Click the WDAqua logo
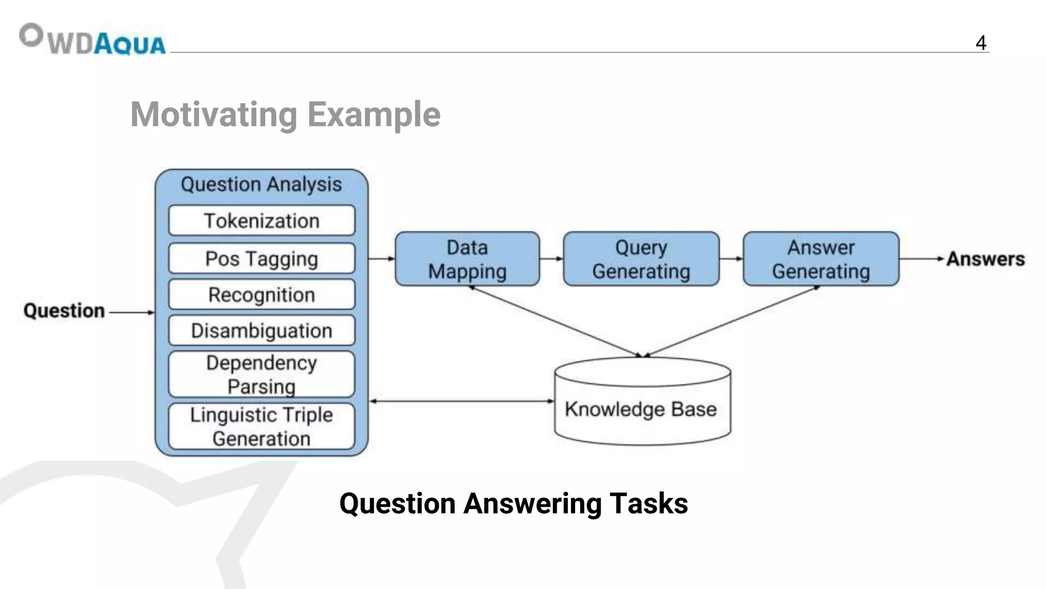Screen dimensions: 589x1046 click(92, 40)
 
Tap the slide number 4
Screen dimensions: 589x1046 click(980, 43)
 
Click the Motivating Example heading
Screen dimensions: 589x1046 click(285, 115)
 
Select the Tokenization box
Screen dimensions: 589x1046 click(261, 221)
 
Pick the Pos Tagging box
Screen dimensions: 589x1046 click(261, 259)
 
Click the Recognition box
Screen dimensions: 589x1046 click(261, 294)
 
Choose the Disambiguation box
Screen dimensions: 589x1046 click(261, 331)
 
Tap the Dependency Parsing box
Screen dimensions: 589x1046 click(261, 374)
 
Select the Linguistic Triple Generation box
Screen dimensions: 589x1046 click(261, 426)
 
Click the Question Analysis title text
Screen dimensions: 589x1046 click(261, 185)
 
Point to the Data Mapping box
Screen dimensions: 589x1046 click(467, 259)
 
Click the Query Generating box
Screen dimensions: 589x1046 click(641, 259)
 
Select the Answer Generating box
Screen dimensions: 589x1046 click(821, 259)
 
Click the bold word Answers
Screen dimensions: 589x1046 click(985, 259)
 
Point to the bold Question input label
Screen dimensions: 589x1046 click(64, 311)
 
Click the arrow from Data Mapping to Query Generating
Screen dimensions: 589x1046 click(551, 259)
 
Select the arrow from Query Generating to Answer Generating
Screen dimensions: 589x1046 click(731, 259)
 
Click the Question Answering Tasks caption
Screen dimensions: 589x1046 click(513, 504)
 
